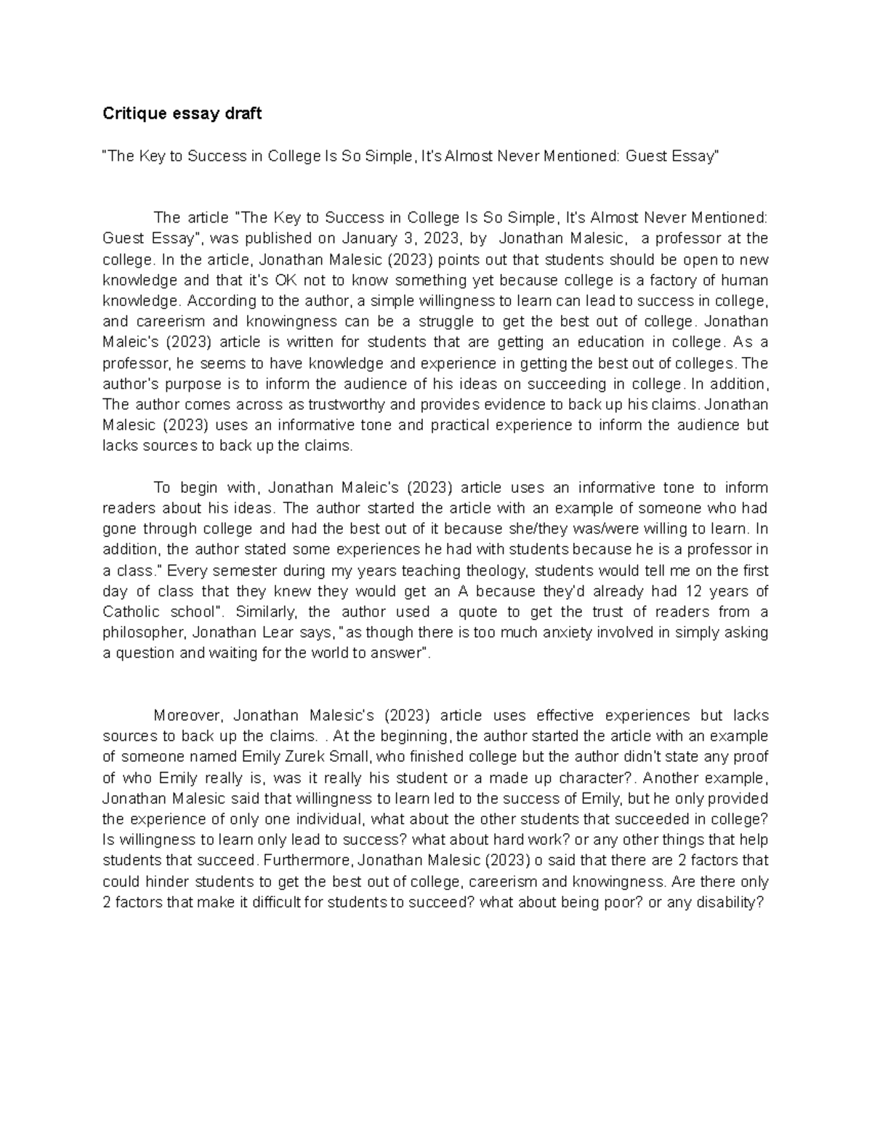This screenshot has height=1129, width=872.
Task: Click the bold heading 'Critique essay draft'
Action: click(182, 113)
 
